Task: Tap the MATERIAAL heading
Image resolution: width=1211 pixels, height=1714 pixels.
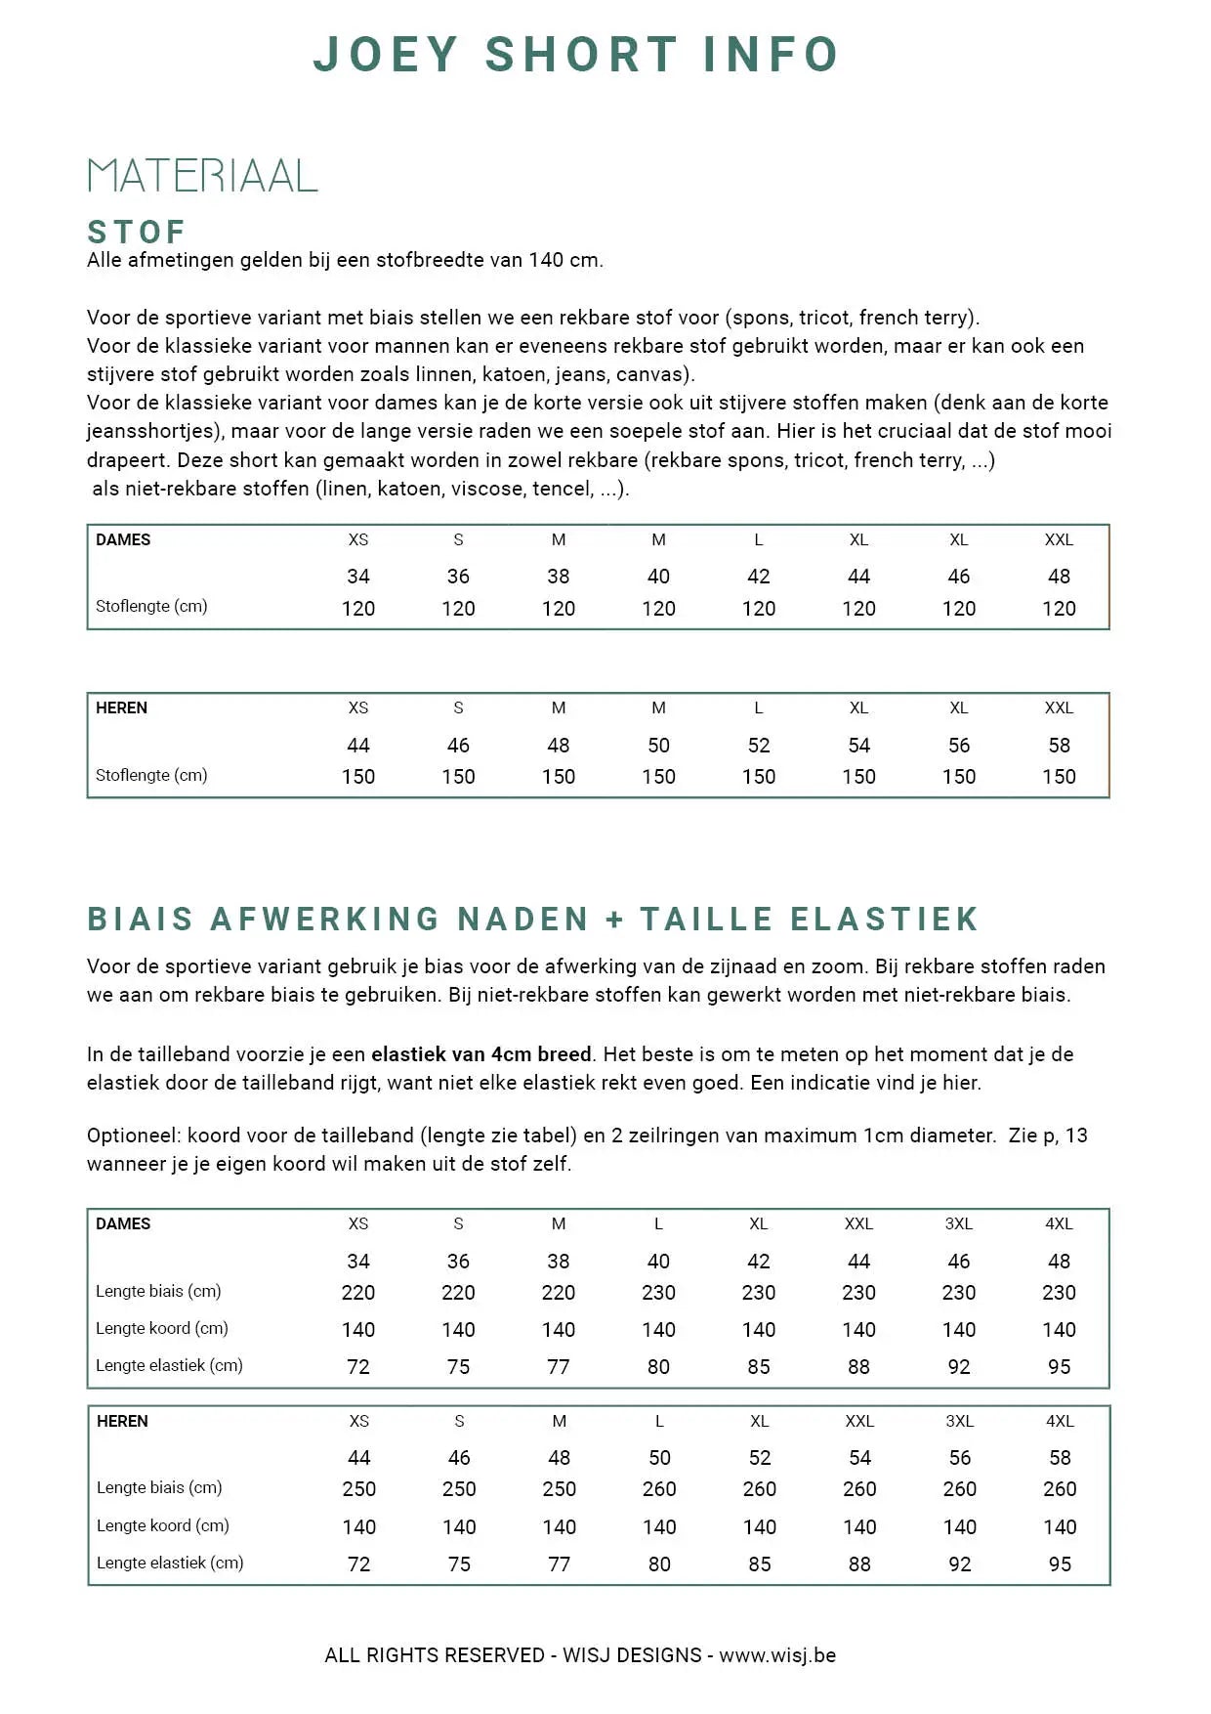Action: [202, 176]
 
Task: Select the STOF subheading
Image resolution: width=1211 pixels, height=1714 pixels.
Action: [137, 233]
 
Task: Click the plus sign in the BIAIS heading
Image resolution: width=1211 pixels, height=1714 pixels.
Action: [614, 920]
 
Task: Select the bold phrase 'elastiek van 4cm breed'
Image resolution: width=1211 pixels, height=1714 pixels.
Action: [481, 1054]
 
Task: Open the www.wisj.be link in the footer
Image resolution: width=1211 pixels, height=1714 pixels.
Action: [777, 1655]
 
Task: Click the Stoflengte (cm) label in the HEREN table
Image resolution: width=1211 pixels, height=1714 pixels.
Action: [151, 775]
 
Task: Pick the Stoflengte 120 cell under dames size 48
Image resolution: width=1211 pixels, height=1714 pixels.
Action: [1059, 609]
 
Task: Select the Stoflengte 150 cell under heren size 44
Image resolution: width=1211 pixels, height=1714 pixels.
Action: [358, 777]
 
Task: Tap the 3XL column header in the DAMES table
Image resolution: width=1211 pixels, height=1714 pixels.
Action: [959, 1223]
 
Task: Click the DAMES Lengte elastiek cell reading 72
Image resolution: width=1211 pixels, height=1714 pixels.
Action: [358, 1367]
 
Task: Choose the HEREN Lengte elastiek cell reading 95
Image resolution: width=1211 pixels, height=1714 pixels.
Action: [1060, 1564]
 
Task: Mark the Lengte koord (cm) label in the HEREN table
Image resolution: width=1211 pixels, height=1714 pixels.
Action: [163, 1525]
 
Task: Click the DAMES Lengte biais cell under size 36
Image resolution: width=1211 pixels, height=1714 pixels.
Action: [458, 1293]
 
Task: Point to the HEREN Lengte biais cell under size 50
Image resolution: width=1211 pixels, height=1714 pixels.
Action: [659, 1489]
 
